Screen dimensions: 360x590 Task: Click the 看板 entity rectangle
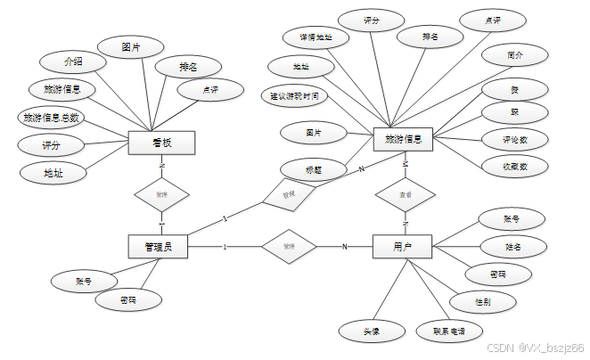coord(161,143)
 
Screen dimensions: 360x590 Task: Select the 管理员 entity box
coord(158,246)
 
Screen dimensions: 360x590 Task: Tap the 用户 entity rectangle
coord(402,246)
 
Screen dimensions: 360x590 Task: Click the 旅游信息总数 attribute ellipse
coord(50,118)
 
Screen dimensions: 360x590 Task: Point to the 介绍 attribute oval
coord(74,62)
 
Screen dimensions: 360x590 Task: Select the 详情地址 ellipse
coord(309,37)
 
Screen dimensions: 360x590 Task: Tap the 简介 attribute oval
coord(514,54)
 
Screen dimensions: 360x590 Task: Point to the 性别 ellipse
coord(482,303)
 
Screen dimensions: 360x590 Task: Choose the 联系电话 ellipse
coord(449,331)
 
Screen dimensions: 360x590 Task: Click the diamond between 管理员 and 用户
coord(289,246)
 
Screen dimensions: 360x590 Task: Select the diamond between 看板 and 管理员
coord(161,193)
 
